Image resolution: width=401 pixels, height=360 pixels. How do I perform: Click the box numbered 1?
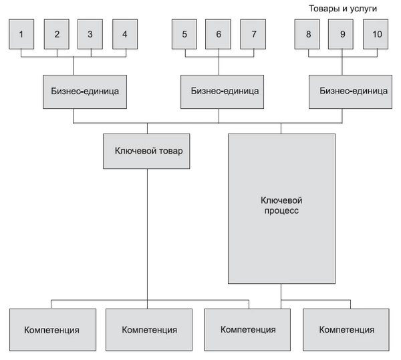21,34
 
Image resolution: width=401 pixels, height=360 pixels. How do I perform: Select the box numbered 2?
56,34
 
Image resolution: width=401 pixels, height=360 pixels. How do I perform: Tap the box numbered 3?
90,34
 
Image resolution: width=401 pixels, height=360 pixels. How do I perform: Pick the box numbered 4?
124,34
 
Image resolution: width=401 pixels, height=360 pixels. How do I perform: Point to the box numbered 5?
184,34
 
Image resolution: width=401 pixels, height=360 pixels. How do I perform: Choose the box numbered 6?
218,34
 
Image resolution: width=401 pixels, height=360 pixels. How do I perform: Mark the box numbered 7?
252,34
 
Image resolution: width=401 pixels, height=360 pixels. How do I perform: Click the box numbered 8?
307,34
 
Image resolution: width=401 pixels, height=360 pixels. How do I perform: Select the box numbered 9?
342,34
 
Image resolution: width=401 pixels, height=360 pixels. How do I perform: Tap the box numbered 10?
376,34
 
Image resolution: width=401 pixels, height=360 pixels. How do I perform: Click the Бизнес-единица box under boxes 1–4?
85,89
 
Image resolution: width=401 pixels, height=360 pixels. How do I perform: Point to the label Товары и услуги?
343,9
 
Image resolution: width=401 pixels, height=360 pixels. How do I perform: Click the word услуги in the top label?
363,9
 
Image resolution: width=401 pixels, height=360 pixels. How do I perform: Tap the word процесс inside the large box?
281,210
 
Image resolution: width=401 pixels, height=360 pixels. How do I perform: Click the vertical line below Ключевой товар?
147,234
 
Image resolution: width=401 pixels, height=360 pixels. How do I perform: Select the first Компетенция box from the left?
51,330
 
